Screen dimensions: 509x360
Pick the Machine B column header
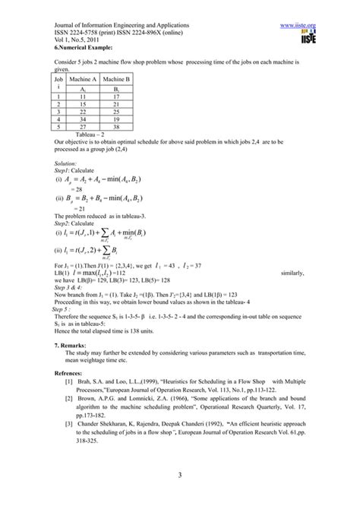point(117,79)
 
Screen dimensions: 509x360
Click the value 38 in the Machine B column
point(117,127)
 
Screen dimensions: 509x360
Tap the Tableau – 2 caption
point(90,134)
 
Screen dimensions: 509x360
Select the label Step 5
point(62,310)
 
